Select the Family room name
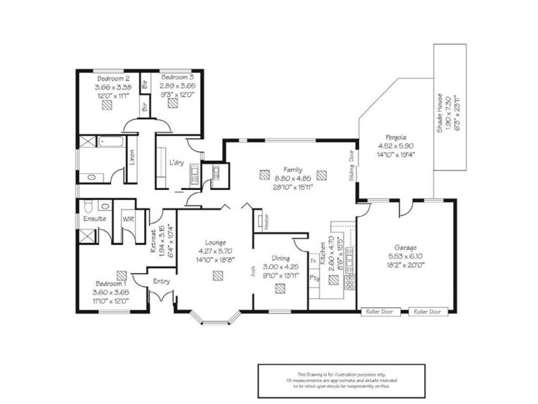(x=293, y=170)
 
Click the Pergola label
(x=386, y=136)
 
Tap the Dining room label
(x=280, y=257)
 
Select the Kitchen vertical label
(x=323, y=253)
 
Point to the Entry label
(x=161, y=281)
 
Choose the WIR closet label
(x=128, y=219)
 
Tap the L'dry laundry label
(x=177, y=163)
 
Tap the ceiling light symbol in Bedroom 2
(x=109, y=110)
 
